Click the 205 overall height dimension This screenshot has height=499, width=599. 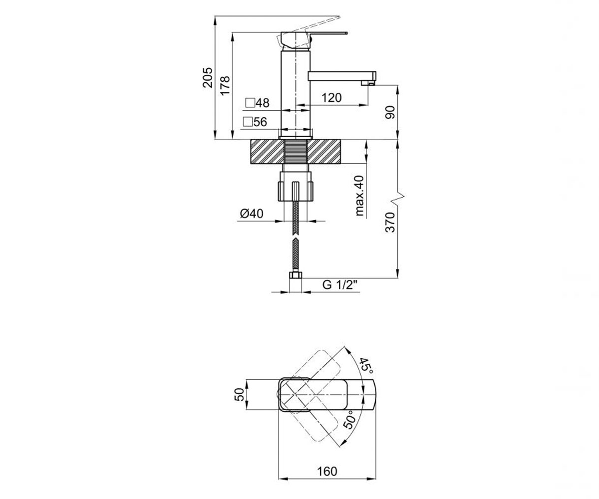208,77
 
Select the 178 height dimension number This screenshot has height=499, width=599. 225,85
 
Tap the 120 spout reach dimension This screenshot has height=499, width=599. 331,98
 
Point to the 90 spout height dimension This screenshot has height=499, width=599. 390,112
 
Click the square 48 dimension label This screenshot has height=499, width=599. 258,103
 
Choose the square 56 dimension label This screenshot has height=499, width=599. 255,122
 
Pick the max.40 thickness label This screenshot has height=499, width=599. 359,196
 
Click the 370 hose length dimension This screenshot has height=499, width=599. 390,222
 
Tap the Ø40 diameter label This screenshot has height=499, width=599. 252,214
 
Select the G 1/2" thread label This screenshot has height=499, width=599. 340,285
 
